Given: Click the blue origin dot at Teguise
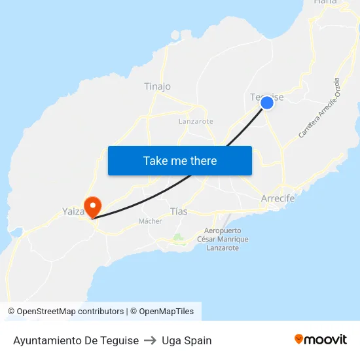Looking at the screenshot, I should click(266, 103).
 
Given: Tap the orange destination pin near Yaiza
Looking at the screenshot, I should click(92, 206).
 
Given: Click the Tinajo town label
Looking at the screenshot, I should click(157, 86).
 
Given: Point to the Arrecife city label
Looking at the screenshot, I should click(278, 198).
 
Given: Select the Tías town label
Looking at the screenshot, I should click(178, 211).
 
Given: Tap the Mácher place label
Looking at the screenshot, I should click(150, 221).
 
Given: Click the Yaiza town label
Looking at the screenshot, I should click(73, 211).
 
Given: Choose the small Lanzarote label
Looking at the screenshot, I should click(196, 121).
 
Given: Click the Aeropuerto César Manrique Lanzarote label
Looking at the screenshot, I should click(223, 239).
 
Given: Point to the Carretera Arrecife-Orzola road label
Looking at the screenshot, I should click(319, 107).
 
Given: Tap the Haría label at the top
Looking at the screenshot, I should click(325, 3).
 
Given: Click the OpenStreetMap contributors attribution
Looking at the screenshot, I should click(70, 312).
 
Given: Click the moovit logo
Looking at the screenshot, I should click(321, 339).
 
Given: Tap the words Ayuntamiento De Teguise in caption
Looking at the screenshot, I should click(76, 340).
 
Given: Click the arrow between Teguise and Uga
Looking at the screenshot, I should click(150, 340).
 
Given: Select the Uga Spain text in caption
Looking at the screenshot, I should click(187, 340).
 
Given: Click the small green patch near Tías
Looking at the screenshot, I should click(177, 238).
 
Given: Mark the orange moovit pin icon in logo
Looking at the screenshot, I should click(299, 339).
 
